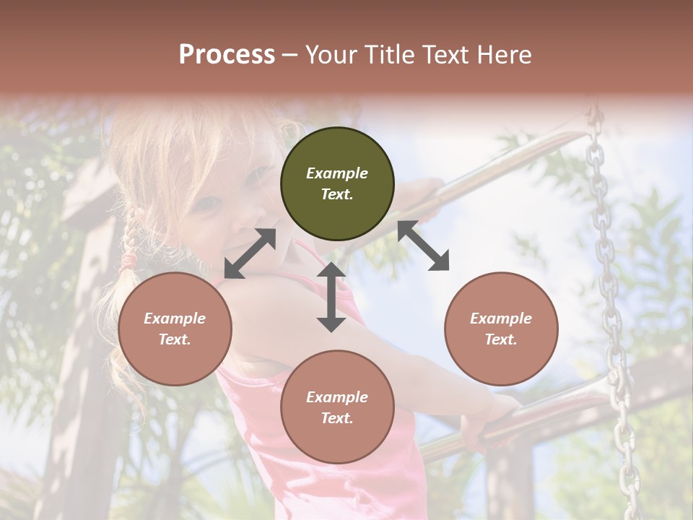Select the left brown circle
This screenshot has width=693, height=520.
pyautogui.click(x=175, y=329)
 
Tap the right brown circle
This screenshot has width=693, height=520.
pyautogui.click(x=501, y=329)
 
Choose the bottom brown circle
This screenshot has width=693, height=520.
pyautogui.click(x=337, y=407)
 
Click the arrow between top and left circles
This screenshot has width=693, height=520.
pyautogui.click(x=250, y=253)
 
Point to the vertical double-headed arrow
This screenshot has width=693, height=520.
pyautogui.click(x=331, y=297)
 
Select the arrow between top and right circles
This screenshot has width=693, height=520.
pyautogui.click(x=423, y=246)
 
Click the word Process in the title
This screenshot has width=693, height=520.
pyautogui.click(x=227, y=55)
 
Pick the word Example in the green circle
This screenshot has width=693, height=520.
pyautogui.click(x=337, y=173)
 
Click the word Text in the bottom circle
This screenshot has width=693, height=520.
pyautogui.click(x=337, y=418)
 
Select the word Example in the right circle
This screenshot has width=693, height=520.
pyautogui.click(x=501, y=318)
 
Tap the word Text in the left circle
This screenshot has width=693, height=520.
pyautogui.click(x=175, y=339)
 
